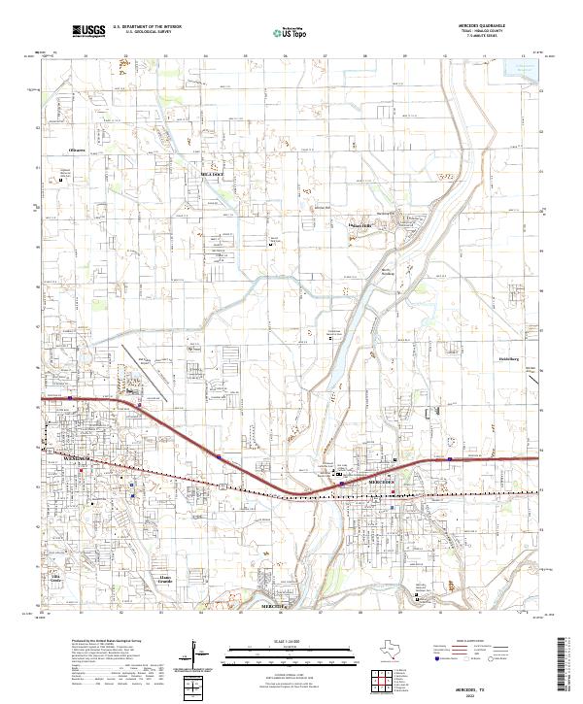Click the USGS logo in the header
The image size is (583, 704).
87,31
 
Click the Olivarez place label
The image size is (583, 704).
78,151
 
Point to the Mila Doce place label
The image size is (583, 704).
212,174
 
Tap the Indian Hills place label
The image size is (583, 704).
361,226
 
